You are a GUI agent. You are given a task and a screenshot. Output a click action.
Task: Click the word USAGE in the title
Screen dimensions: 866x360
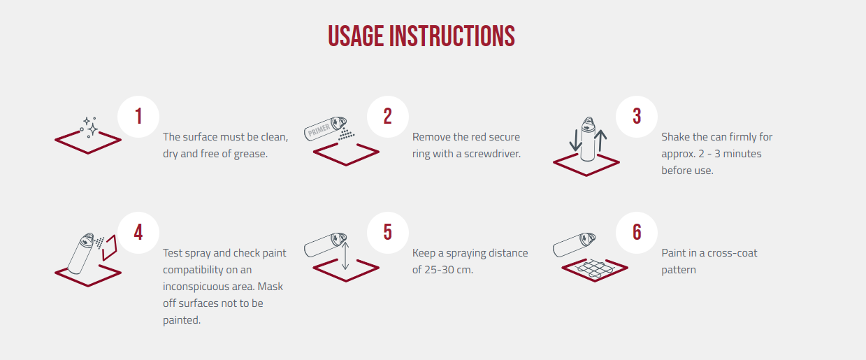coord(356,36)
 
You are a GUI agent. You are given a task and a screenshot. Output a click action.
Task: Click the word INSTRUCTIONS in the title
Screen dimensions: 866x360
coord(452,36)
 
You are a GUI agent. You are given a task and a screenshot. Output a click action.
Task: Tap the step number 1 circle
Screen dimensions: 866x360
coord(138,117)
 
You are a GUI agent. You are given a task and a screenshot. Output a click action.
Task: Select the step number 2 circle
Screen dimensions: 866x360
coord(388,117)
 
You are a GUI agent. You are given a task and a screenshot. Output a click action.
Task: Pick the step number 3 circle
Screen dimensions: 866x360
coord(637,117)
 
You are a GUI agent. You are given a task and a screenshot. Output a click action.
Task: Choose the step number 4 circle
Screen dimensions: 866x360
coord(138,232)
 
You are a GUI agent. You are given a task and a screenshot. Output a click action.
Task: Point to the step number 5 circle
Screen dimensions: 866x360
coord(388,232)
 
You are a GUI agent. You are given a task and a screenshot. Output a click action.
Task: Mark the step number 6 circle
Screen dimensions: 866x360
coord(637,232)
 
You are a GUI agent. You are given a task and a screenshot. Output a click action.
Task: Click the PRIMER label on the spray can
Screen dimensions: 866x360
coord(319,130)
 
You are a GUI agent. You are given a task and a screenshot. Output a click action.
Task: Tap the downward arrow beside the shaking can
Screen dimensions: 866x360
coord(576,141)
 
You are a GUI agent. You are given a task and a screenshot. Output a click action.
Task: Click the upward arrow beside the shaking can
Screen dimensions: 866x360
coord(600,141)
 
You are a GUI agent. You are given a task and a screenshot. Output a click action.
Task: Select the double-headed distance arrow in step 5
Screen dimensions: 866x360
coord(345,256)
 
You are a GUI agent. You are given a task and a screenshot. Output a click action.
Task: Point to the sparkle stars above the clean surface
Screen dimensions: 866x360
coord(89,127)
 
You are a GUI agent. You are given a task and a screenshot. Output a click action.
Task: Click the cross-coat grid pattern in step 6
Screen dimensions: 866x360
coord(594,268)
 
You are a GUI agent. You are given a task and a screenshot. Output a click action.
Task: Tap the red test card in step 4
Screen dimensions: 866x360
coord(110,247)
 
